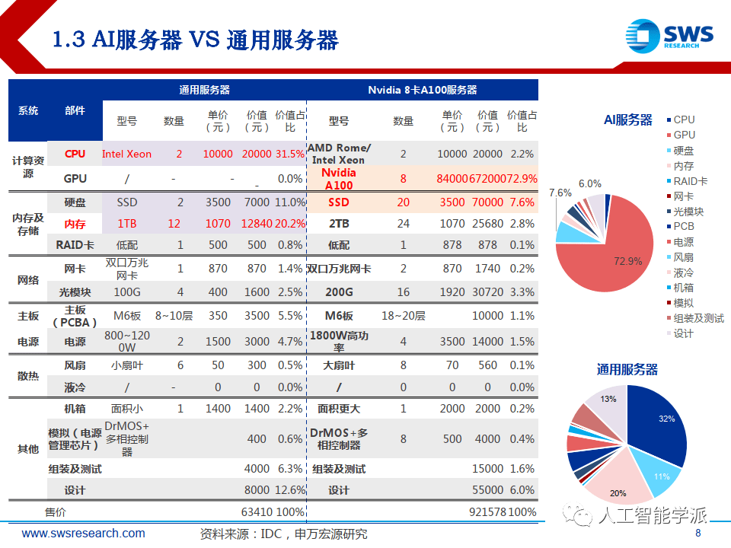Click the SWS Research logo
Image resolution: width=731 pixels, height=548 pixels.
point(669,36)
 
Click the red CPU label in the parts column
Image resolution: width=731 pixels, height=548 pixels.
point(75,154)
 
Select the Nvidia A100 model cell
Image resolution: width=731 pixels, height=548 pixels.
point(339,179)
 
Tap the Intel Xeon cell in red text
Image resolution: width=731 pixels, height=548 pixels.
point(126,154)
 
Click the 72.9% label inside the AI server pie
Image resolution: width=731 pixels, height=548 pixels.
point(628,261)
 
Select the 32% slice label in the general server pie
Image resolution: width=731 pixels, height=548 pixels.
point(666,419)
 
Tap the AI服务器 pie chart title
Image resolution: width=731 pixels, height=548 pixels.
point(628,119)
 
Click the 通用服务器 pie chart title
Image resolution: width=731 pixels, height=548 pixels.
point(627,370)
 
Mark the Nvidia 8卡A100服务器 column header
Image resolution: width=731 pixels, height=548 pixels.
point(423,90)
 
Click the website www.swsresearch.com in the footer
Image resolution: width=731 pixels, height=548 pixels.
point(83,534)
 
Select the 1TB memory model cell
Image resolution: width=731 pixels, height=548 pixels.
point(126,224)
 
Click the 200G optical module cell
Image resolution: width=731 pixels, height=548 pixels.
point(339,292)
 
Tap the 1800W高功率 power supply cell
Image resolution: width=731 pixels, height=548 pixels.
point(339,342)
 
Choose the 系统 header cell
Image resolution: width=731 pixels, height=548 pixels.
point(28,110)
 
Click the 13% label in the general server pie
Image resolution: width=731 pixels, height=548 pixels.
point(608,399)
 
